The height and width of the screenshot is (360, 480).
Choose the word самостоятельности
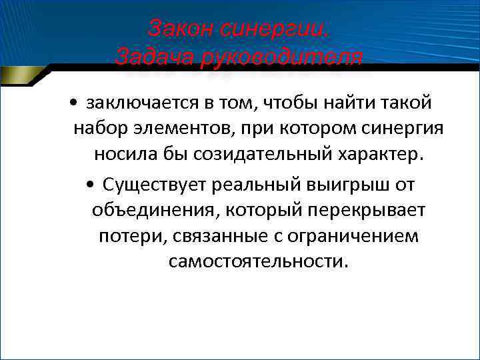[x=258, y=262]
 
